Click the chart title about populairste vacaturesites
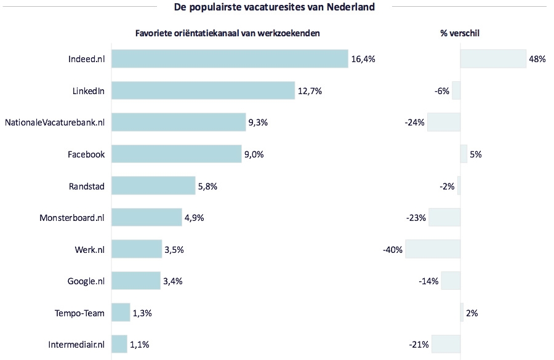pyautogui.click(x=274, y=7)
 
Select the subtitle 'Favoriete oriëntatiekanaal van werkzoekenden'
pyautogui.click(x=227, y=34)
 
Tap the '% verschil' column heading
pyautogui.click(x=460, y=34)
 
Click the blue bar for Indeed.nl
pyautogui.click(x=230, y=59)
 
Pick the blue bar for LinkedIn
pyautogui.click(x=203, y=91)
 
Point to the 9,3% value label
pyautogui.click(x=258, y=122)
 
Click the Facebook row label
pyautogui.click(x=86, y=154)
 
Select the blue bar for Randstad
pyautogui.click(x=153, y=186)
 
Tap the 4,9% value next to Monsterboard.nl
pyautogui.click(x=194, y=218)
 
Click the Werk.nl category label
pyautogui.click(x=89, y=250)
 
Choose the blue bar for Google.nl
pyautogui.click(x=136, y=281)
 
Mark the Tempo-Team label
pyautogui.click(x=79, y=313)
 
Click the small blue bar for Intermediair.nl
pyautogui.click(x=119, y=345)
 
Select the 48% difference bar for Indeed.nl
pyautogui.click(x=493, y=59)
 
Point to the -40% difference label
pyautogui.click(x=392, y=250)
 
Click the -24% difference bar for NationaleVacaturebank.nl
pyautogui.click(x=444, y=122)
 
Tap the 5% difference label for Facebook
pyautogui.click(x=475, y=154)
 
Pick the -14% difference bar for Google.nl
pyautogui.click(x=451, y=281)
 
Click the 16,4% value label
pyautogui.click(x=363, y=59)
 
